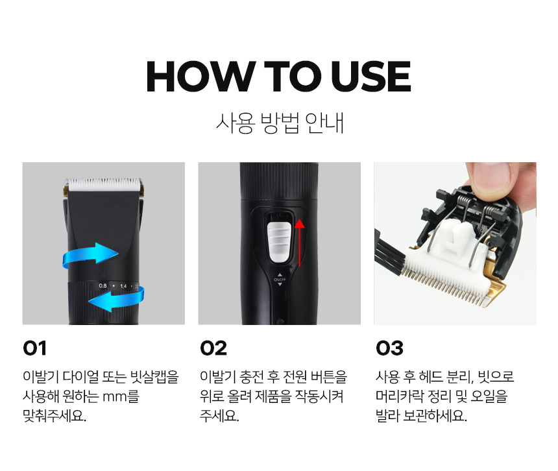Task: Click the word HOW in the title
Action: pos(200,77)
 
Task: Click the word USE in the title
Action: pos(371,77)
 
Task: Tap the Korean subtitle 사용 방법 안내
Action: pos(280,123)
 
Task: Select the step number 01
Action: pos(34,348)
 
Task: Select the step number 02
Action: pos(213,348)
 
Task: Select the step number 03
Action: pos(389,348)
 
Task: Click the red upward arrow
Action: pos(300,243)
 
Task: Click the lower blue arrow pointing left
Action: pos(117,298)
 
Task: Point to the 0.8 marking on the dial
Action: pos(103,285)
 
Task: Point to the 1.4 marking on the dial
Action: pos(123,286)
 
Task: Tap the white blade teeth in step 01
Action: pos(104,184)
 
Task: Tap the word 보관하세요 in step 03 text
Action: pos(435,415)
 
